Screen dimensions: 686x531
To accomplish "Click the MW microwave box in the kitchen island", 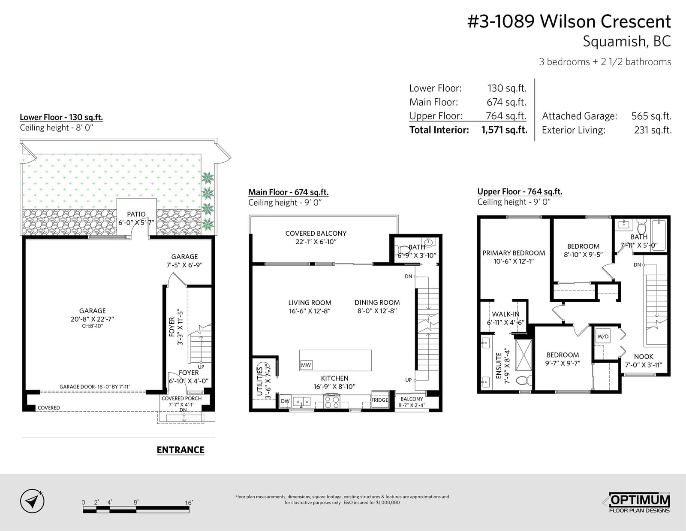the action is tap(306, 365).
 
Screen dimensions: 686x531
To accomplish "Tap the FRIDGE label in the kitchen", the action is tap(379, 400).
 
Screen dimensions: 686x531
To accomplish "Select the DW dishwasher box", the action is tap(285, 401).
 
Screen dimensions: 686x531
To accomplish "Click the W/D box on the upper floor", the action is tap(603, 336).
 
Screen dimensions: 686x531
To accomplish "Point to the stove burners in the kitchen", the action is tap(332, 402).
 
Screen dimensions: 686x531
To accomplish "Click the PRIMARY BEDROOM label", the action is tap(514, 253).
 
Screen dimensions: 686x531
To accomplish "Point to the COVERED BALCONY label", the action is tap(316, 233).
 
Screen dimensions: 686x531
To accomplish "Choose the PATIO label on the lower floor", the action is tap(136, 214).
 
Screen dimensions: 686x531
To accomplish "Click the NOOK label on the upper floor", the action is tap(644, 357).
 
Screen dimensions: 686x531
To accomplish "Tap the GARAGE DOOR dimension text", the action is tap(95, 387).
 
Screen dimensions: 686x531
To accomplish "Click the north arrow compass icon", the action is tap(32, 501).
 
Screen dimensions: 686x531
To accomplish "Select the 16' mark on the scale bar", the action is tap(189, 503).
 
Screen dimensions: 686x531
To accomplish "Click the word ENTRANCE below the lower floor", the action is tap(181, 450).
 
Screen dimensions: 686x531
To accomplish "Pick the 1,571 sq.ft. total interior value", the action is tap(504, 130).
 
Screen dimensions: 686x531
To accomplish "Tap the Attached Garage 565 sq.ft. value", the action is tap(651, 116).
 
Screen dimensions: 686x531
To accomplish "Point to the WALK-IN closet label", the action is tap(505, 314).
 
